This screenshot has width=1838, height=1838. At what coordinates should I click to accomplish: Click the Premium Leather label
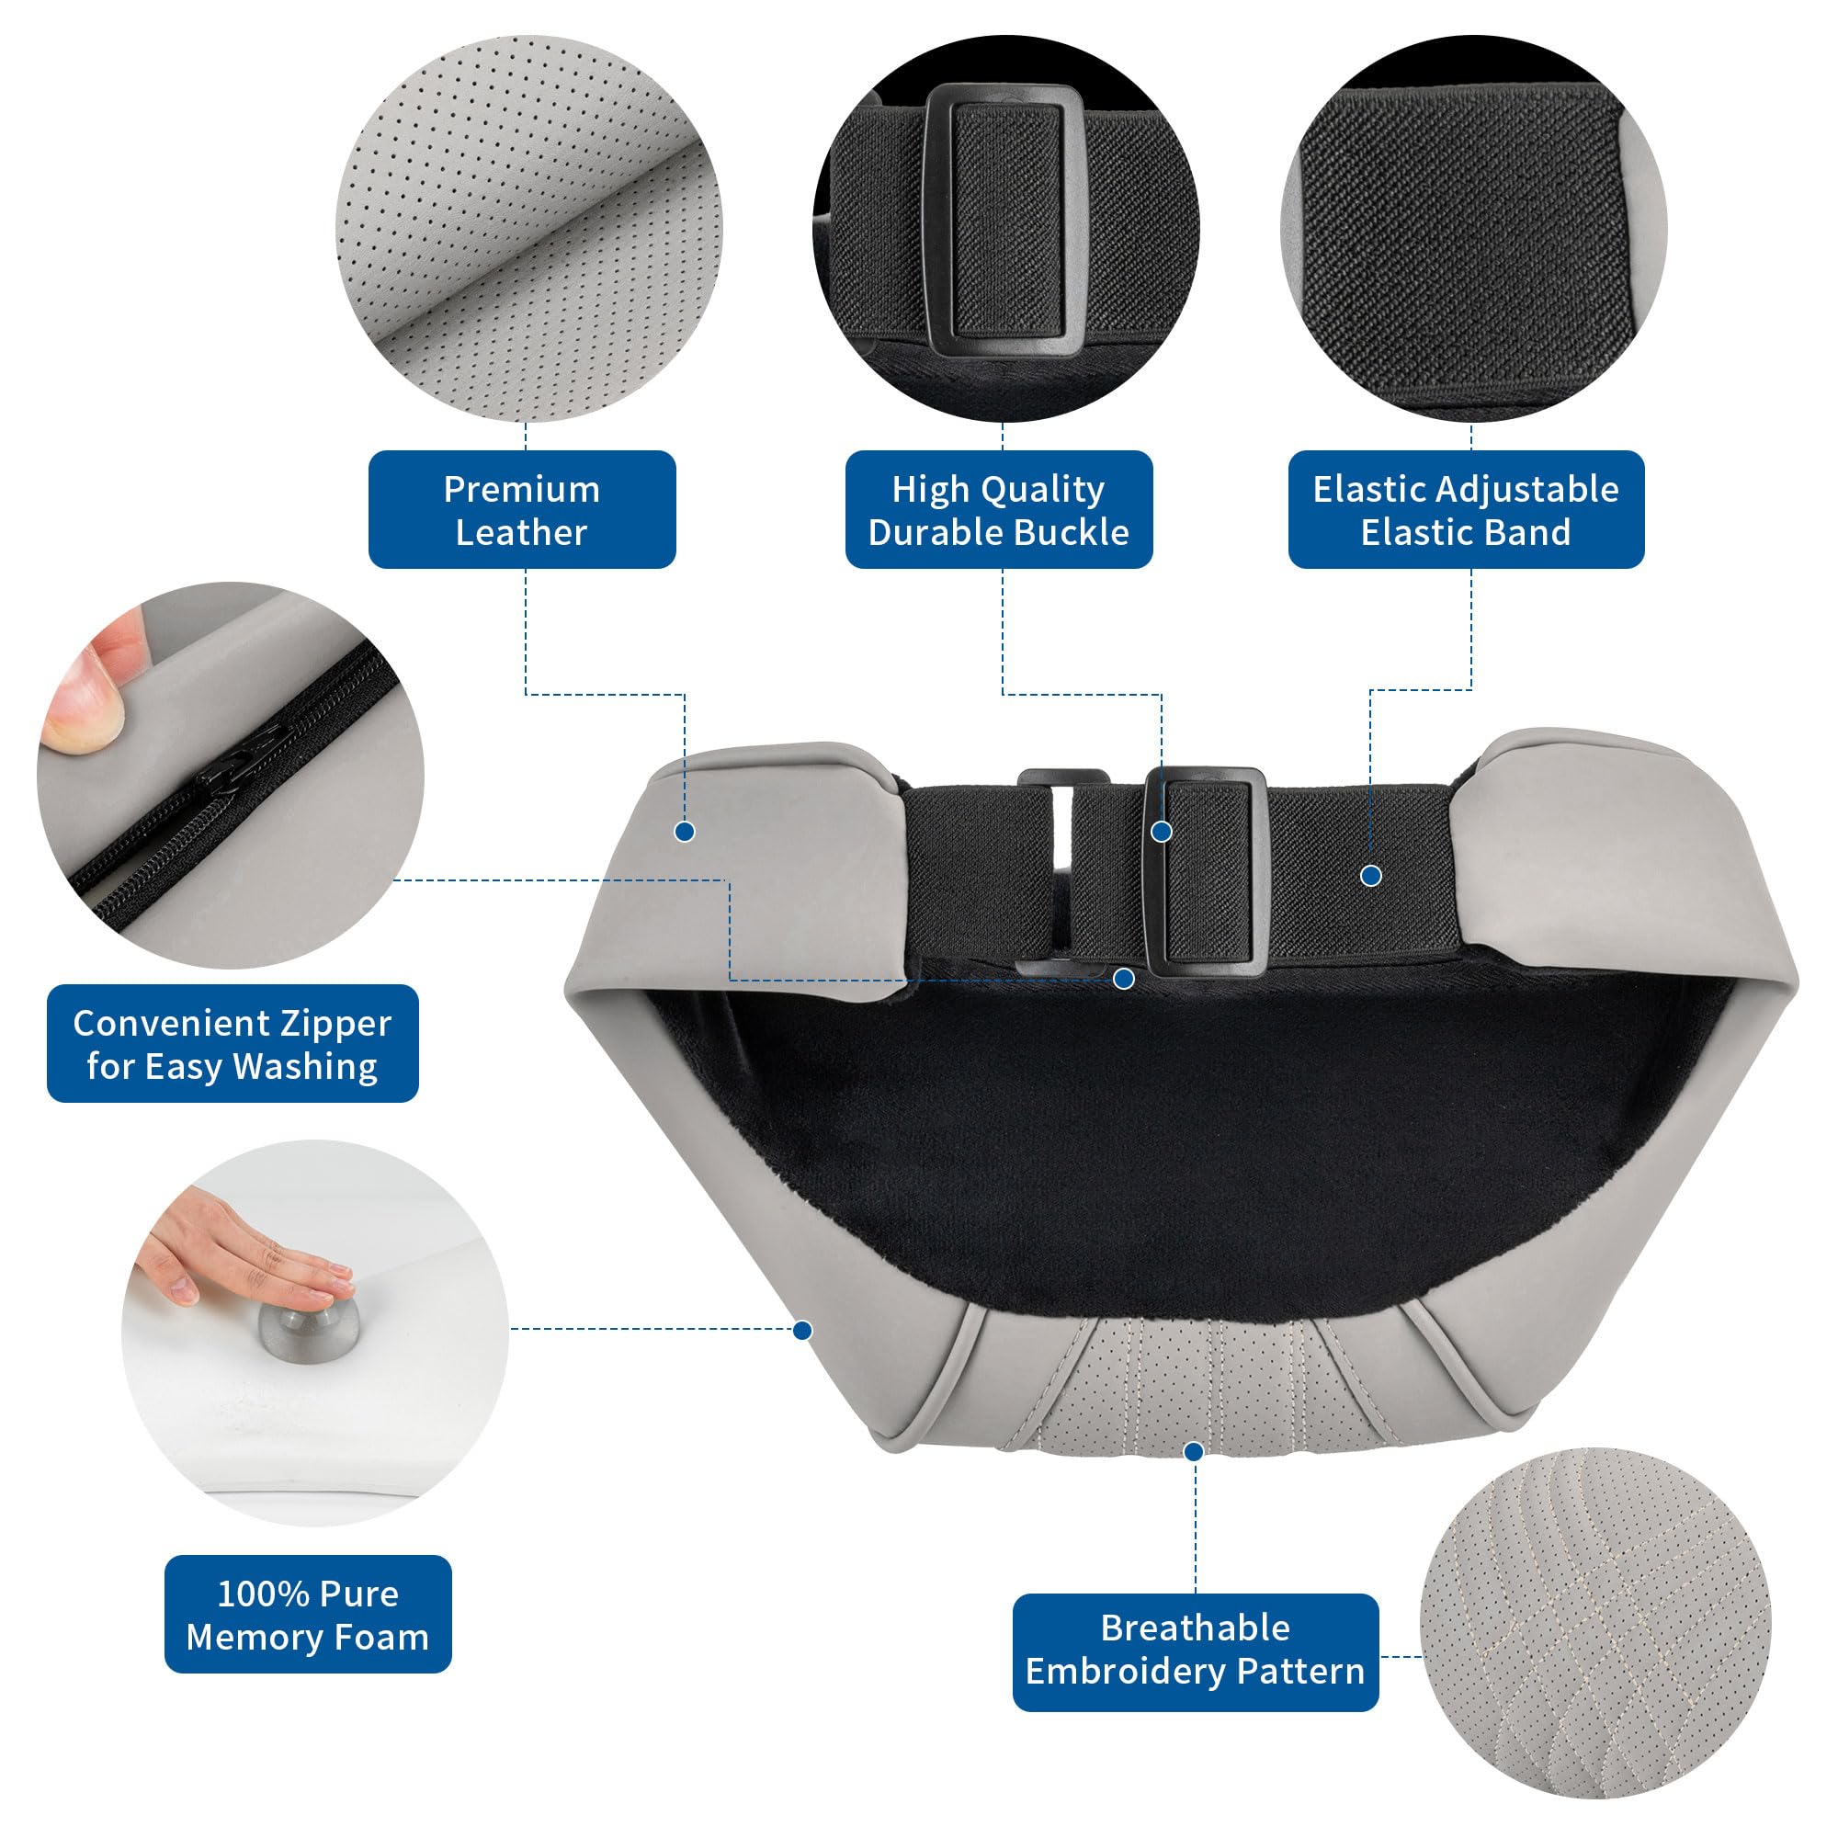point(521,510)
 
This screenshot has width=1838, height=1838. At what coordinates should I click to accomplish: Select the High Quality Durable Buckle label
point(999,510)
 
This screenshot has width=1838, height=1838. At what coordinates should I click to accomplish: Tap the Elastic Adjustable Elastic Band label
point(1466,510)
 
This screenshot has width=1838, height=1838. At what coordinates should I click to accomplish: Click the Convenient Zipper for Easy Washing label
point(233,1044)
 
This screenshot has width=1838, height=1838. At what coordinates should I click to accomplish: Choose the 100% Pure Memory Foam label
point(307,1615)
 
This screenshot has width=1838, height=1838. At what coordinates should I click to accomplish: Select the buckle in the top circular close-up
point(1004,221)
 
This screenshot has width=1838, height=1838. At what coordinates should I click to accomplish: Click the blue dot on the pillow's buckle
point(1162,832)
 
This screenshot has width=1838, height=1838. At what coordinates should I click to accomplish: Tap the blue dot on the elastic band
point(1371,875)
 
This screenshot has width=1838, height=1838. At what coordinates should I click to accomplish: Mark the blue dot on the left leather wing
point(684,832)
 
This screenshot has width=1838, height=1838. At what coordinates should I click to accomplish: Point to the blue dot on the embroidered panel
point(1194,1451)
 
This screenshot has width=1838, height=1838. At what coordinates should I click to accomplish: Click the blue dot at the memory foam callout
point(802,1330)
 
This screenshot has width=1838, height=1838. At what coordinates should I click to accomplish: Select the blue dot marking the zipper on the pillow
point(1124,978)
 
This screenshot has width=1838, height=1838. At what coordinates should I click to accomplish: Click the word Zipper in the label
point(335,1024)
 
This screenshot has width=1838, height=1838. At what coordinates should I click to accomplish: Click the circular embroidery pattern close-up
point(1595,1623)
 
